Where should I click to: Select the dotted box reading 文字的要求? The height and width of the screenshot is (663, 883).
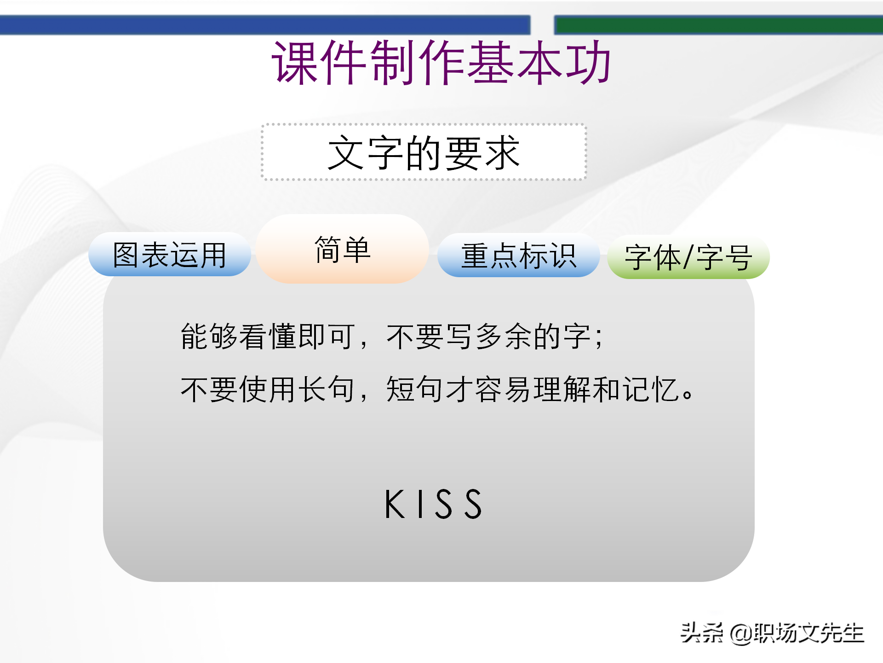coord(424,152)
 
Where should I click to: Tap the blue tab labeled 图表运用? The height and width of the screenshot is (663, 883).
coord(169,255)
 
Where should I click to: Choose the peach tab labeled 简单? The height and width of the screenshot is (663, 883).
coord(342,250)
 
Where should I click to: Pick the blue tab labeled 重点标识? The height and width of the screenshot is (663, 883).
coord(518,256)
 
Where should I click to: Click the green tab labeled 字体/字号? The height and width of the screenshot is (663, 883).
coord(688,257)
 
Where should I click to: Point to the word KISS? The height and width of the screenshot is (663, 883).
coord(433,504)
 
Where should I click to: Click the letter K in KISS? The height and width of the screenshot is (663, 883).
coord(394,504)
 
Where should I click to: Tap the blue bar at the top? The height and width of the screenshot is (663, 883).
coord(264,25)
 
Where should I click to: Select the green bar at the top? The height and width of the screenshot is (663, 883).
coord(717,25)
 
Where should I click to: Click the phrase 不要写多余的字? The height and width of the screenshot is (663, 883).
coord(488,337)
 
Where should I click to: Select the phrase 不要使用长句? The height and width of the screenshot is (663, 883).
coord(268,390)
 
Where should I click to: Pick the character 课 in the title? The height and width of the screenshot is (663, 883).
coord(294,63)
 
